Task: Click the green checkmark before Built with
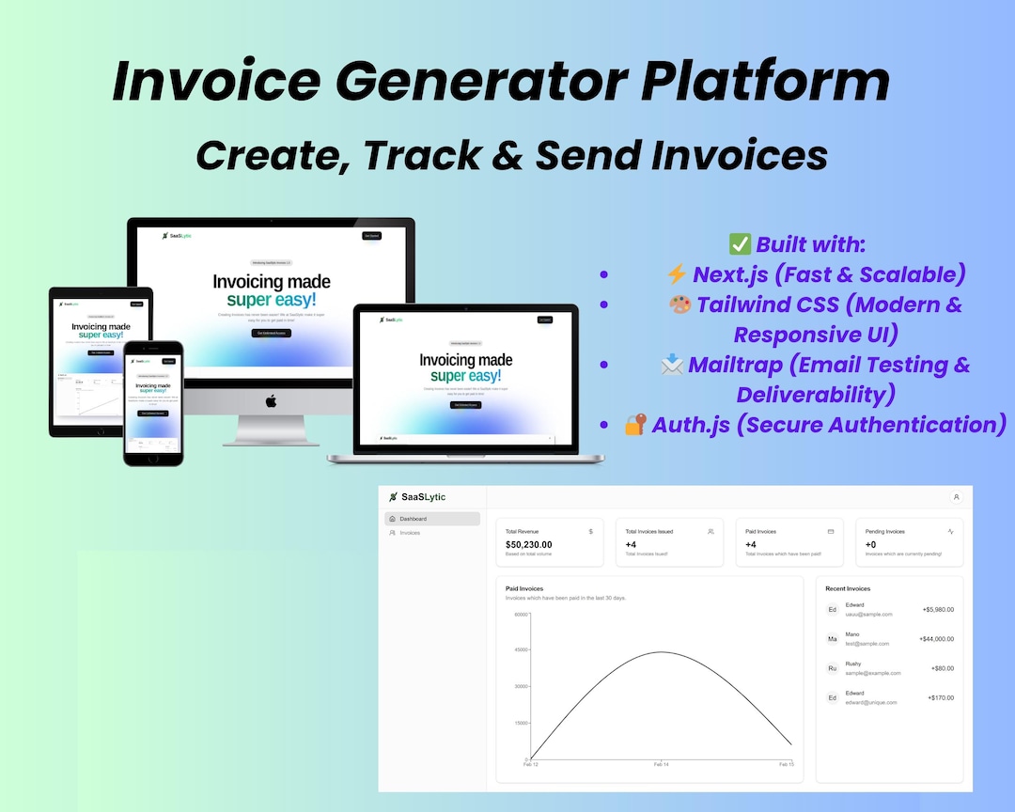click(x=740, y=244)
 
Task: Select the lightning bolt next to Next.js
click(x=676, y=274)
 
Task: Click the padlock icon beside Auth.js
click(x=635, y=425)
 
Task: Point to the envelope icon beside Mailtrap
click(x=672, y=365)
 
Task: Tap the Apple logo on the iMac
click(x=272, y=400)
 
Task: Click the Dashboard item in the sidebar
click(x=413, y=519)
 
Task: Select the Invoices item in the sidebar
click(x=409, y=533)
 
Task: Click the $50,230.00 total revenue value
click(x=529, y=544)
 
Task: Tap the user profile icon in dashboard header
click(x=956, y=497)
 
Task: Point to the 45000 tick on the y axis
click(x=521, y=650)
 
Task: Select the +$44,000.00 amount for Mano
click(x=936, y=639)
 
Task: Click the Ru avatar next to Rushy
click(x=832, y=668)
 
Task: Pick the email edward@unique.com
click(x=870, y=702)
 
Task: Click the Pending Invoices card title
click(x=884, y=532)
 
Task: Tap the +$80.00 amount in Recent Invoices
click(x=942, y=668)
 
